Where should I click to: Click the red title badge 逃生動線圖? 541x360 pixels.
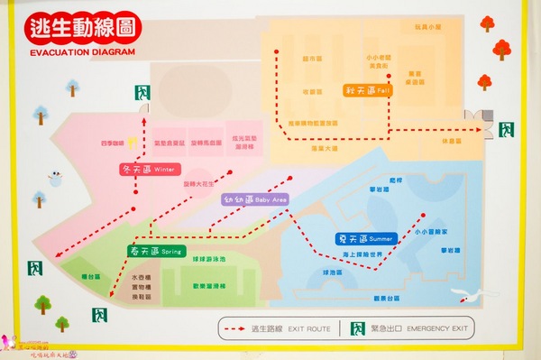[82, 28]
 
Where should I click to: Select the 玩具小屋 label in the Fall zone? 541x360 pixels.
[426, 28]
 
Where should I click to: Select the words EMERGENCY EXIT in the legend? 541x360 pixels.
[438, 329]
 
